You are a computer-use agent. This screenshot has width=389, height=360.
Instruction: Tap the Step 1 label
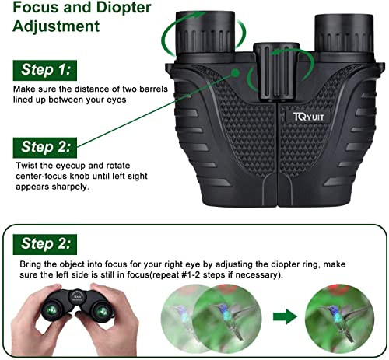[x=46, y=70]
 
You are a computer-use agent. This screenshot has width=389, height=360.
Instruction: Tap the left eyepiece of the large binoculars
[x=204, y=35]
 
